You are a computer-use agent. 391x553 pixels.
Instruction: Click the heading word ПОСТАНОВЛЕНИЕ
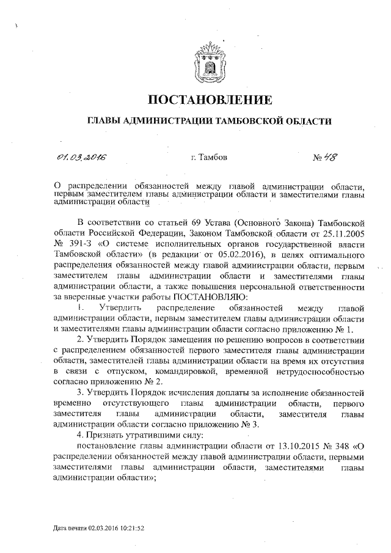point(210,100)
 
